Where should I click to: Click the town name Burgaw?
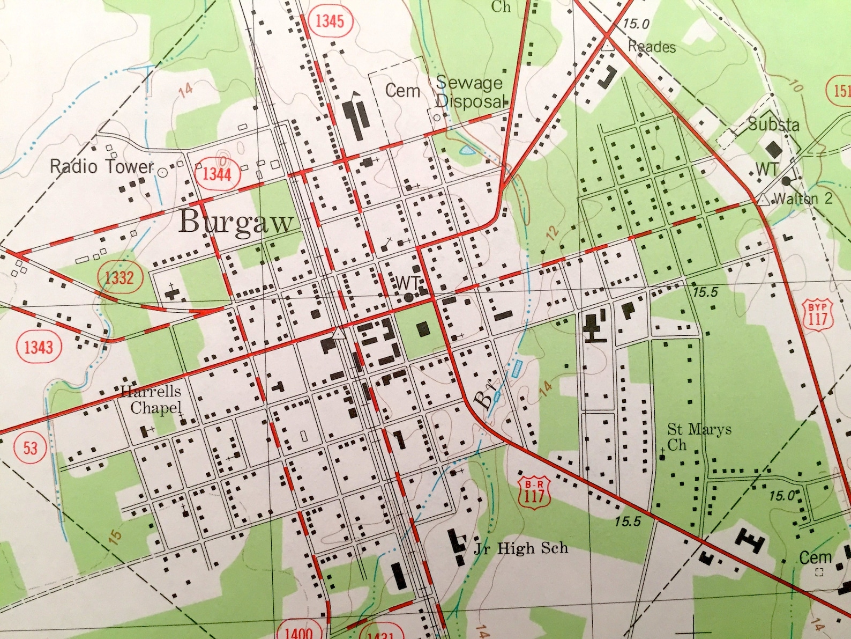pyautogui.click(x=236, y=222)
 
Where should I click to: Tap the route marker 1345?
pyautogui.click(x=329, y=21)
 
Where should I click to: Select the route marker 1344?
pyautogui.click(x=217, y=174)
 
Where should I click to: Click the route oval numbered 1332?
pyautogui.click(x=119, y=277)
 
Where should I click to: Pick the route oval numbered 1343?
pyautogui.click(x=39, y=347)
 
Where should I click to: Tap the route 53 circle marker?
pyautogui.click(x=30, y=447)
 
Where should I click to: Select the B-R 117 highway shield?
pyautogui.click(x=534, y=490)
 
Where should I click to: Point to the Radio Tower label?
pyautogui.click(x=102, y=166)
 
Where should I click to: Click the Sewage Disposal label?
pyautogui.click(x=470, y=92)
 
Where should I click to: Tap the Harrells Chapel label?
pyautogui.click(x=152, y=399)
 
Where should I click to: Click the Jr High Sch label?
pyautogui.click(x=520, y=548)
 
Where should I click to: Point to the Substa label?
pyautogui.click(x=773, y=125)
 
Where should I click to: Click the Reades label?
pyautogui.click(x=652, y=47)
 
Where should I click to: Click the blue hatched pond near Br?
pyautogui.click(x=517, y=369)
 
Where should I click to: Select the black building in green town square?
pyautogui.click(x=422, y=328)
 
